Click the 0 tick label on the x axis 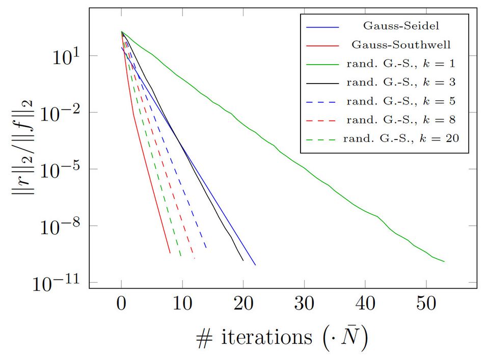point(121,305)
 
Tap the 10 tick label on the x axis point(182,305)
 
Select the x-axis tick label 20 point(243,305)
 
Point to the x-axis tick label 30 point(304,305)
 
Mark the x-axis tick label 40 point(365,305)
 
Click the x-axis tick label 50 point(426,305)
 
